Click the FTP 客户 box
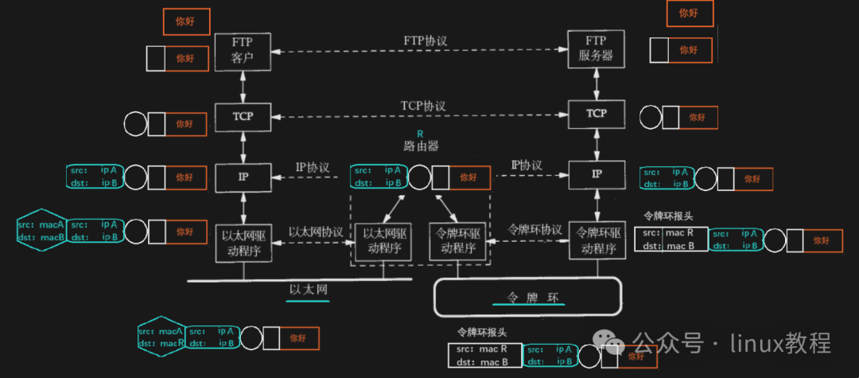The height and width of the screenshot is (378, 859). point(243,51)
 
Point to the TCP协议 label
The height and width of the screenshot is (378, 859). point(423,105)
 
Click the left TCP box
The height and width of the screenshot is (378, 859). point(242,116)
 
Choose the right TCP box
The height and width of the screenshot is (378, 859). point(597,114)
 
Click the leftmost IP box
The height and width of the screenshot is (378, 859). point(242,175)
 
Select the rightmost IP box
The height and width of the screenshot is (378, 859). point(597,173)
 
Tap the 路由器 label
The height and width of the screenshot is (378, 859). point(422,146)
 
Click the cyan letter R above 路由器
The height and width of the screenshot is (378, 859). point(421,133)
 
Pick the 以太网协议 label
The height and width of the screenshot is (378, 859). point(316,232)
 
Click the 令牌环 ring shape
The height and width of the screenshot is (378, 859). point(527,298)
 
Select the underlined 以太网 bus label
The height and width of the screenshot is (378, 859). point(309,290)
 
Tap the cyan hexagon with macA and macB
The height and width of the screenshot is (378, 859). point(41,231)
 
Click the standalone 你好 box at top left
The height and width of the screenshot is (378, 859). point(185,21)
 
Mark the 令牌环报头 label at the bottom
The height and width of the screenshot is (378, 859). point(482,332)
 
